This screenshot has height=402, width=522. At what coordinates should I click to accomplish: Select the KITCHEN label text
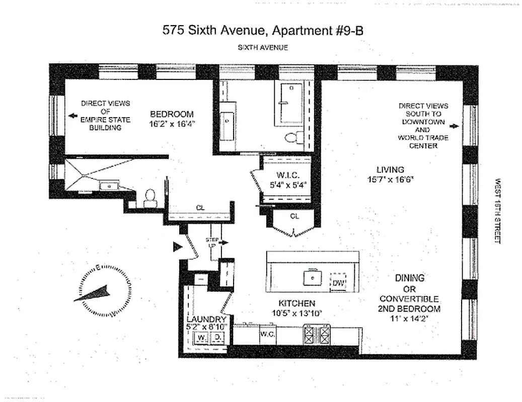297,303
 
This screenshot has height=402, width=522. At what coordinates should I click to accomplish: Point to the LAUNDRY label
206,319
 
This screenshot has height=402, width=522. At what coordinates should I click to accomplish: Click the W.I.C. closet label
288,175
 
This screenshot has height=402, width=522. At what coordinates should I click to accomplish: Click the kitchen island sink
313,277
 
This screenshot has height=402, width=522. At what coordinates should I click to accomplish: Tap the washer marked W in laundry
201,338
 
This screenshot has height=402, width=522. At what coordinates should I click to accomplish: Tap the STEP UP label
211,243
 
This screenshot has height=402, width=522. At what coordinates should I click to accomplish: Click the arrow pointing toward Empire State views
73,116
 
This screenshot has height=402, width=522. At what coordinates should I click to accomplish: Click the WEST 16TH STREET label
498,211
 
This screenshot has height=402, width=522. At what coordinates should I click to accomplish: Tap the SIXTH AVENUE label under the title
263,48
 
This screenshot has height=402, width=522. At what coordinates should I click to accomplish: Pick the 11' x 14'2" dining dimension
409,318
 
